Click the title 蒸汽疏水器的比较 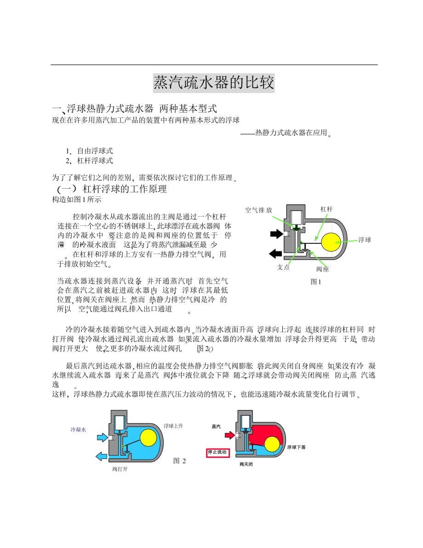click(214, 83)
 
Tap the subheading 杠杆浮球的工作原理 click(124, 189)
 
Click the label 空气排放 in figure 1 click(258, 210)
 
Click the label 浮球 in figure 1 click(365, 240)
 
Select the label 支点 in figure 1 click(284, 267)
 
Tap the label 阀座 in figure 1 click(322, 269)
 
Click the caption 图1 click(316, 281)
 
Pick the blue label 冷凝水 click(78, 429)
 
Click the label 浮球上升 click(173, 426)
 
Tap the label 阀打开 click(120, 469)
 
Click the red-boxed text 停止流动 click(217, 452)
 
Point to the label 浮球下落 click(297, 447)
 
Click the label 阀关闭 click(246, 464)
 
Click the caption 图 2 click(179, 461)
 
